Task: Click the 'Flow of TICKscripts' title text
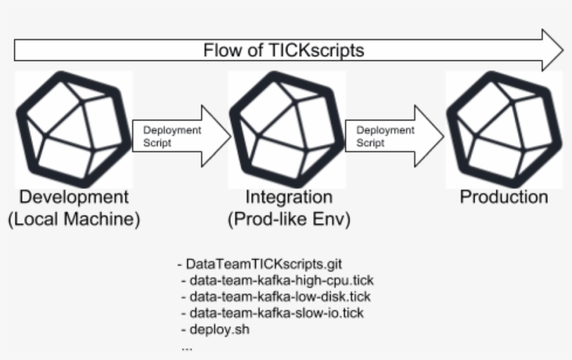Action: tap(283, 50)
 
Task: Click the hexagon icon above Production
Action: tap(504, 128)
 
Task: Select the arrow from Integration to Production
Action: tap(394, 135)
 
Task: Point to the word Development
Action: tap(74, 197)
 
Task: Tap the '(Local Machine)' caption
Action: tap(74, 220)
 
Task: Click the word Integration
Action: tap(289, 197)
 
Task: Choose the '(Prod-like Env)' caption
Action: tap(289, 220)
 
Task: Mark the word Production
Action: tap(504, 197)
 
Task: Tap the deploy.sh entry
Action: tap(214, 329)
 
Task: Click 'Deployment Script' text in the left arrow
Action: tap(172, 135)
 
